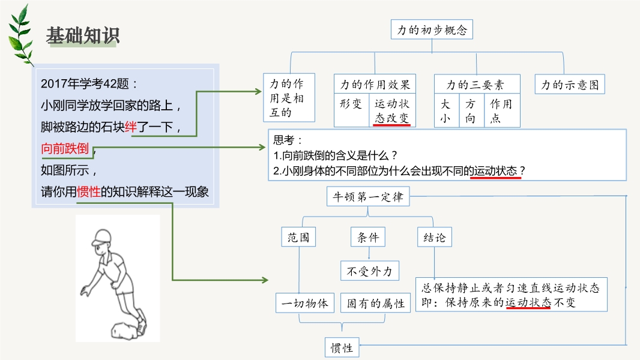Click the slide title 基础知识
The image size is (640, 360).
point(83,36)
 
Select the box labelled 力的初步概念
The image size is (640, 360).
point(432,29)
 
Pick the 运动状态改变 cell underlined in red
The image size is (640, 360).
point(391,111)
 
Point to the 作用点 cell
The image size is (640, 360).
point(501,111)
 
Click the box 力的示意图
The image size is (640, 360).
point(570,85)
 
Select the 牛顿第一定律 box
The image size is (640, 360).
point(367,197)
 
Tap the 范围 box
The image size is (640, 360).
point(298,237)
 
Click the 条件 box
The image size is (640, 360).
point(368,237)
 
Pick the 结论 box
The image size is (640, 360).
point(434,237)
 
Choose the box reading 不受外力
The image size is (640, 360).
point(369,271)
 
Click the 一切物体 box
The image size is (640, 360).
point(304,303)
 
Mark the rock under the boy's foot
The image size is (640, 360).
point(124,329)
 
